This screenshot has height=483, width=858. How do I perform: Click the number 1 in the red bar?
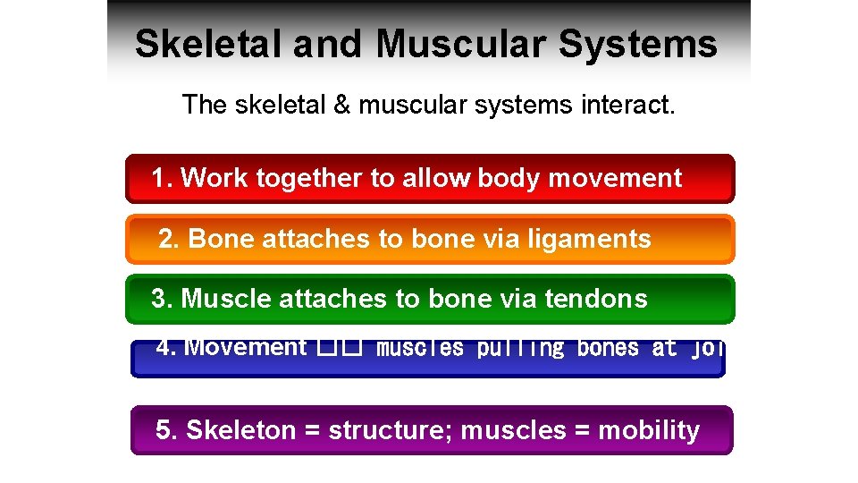tap(158, 178)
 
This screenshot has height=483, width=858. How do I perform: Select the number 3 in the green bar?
tap(158, 299)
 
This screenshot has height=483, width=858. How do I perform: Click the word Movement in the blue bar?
tap(244, 347)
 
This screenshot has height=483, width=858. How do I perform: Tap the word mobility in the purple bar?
tap(649, 430)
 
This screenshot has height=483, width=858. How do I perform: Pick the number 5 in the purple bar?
tap(163, 430)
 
